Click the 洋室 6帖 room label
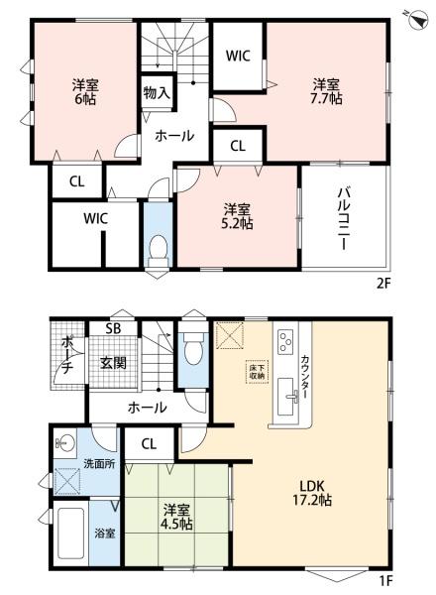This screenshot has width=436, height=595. click(x=82, y=91)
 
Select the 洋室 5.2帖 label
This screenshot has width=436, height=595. click(x=235, y=217)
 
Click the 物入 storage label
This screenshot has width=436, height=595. click(x=157, y=93)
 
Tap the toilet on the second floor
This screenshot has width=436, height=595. click(x=158, y=250)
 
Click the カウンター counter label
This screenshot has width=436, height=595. click(x=305, y=380)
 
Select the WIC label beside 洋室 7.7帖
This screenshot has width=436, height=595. click(x=237, y=56)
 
